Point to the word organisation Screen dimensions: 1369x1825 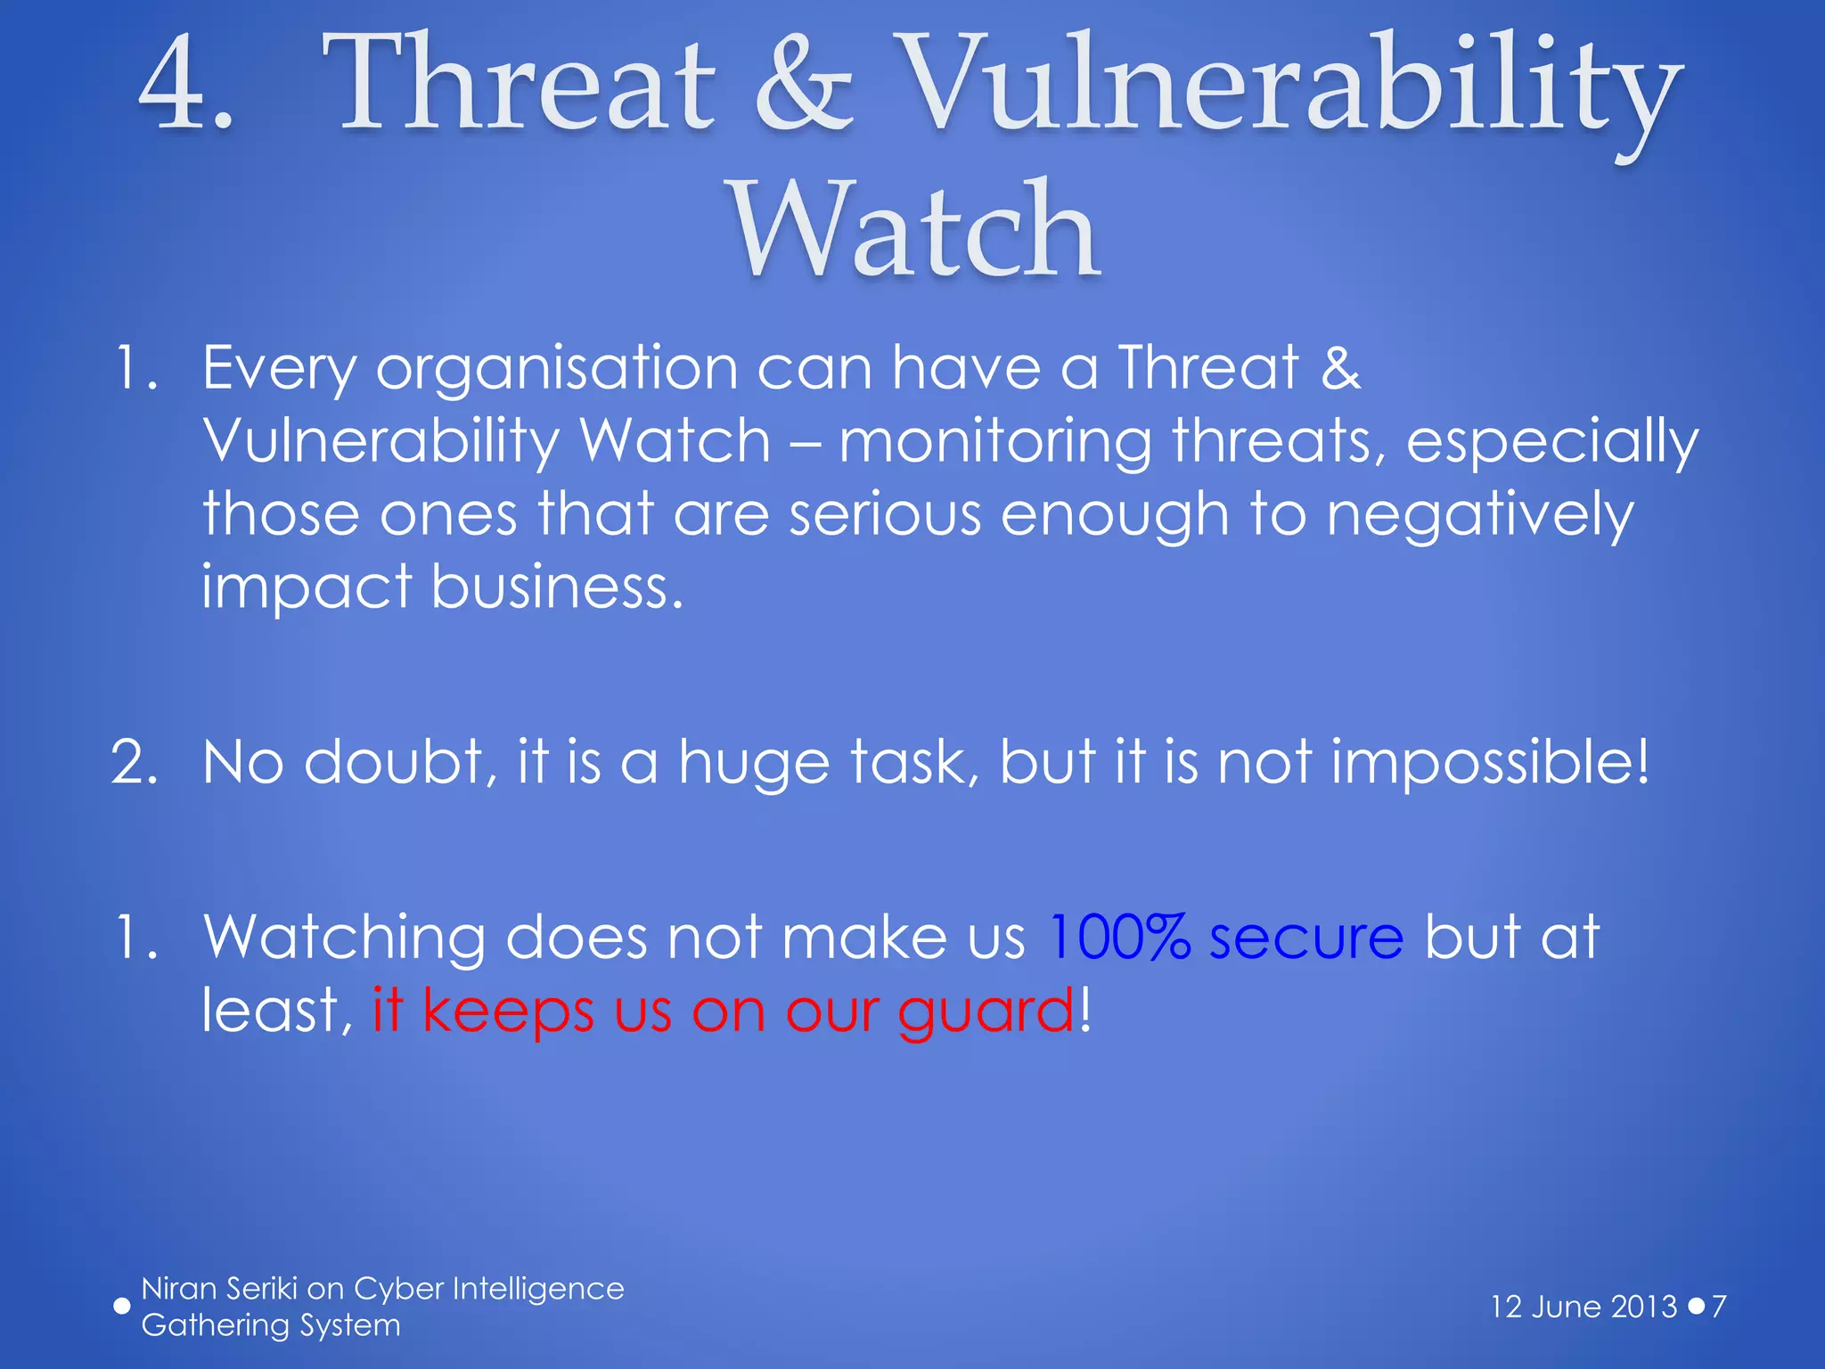click(557, 367)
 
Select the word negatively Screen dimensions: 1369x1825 click(1479, 515)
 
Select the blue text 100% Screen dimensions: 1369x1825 click(1118, 938)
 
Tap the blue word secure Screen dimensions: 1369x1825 click(1305, 938)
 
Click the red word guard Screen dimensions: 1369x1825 click(985, 1012)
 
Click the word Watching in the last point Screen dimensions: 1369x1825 click(344, 938)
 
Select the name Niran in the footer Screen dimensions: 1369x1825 click(178, 1289)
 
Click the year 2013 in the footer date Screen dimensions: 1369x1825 click(1644, 1307)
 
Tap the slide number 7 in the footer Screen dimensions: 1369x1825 click(1719, 1307)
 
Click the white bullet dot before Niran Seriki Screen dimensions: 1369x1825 click(122, 1307)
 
